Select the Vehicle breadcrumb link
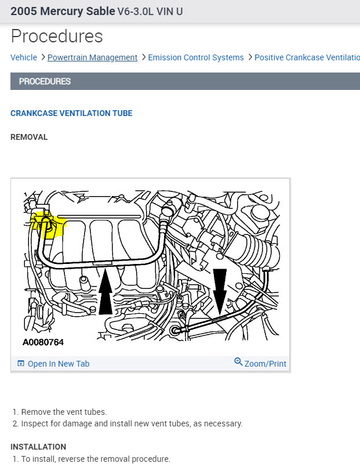23,57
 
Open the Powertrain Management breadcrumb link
92,57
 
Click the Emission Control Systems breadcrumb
195,57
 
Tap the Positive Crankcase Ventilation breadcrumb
307,57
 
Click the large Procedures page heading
57,36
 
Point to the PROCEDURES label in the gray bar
45,81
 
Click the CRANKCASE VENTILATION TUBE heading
71,113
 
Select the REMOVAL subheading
29,137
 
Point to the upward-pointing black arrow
106,292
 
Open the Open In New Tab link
58,364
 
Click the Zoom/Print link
265,364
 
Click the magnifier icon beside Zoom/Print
238,363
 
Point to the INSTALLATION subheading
38,447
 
